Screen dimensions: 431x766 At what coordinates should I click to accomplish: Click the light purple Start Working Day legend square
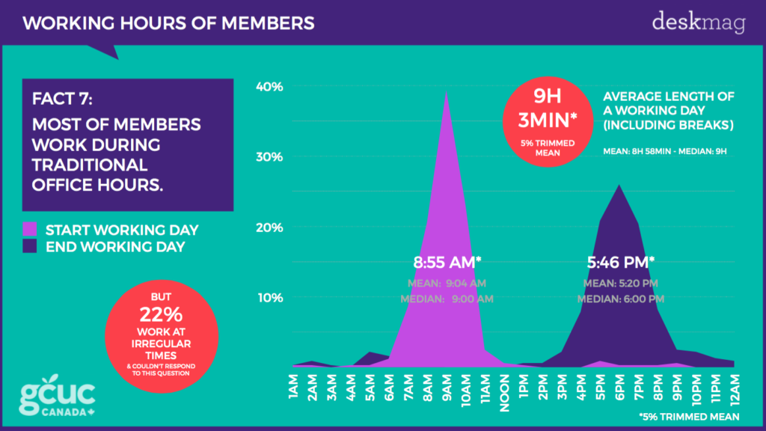(31, 229)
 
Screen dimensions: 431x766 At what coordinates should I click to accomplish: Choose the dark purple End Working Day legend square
(31, 245)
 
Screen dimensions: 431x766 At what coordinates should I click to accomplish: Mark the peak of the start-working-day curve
(447, 91)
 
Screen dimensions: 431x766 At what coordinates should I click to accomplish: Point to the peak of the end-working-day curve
(618, 185)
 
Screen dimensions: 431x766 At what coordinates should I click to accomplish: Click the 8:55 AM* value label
(447, 262)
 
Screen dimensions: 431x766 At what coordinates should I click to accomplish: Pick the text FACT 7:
(64, 100)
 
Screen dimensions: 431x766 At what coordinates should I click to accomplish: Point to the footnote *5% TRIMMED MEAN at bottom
(688, 416)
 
